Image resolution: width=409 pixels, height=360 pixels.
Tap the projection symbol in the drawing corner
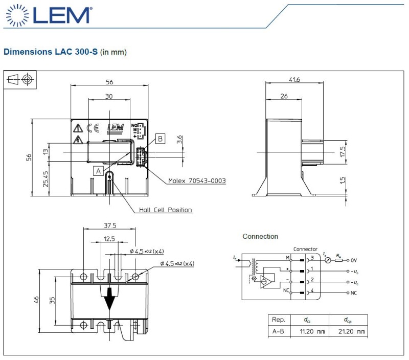21,79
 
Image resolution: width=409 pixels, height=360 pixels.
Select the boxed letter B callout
160,138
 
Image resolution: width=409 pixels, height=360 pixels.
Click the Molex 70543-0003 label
197,181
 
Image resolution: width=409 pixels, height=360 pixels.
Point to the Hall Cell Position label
166,210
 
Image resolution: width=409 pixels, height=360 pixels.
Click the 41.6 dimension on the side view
293,79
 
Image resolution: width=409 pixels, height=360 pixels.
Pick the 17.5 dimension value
342,152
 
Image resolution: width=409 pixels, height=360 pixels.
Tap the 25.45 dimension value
46,179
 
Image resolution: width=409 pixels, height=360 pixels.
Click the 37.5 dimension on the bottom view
110,226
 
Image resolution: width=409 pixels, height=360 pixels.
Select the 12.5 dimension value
109,239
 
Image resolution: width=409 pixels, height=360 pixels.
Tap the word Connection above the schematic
260,236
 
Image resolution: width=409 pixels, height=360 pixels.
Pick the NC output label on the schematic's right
354,293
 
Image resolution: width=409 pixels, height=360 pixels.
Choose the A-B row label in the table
279,331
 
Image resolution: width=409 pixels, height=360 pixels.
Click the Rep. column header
279,320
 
